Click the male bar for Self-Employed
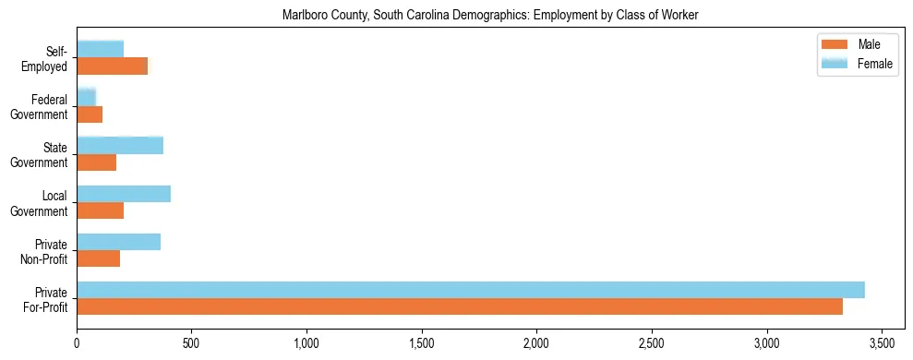click(x=112, y=66)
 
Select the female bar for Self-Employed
click(x=100, y=49)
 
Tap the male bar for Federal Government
click(x=90, y=114)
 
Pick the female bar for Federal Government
click(x=86, y=97)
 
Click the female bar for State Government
click(x=120, y=145)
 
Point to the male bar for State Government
click(x=96, y=162)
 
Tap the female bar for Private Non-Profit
click(x=118, y=242)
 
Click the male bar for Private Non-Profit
click(x=98, y=258)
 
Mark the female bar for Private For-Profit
click(x=470, y=290)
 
